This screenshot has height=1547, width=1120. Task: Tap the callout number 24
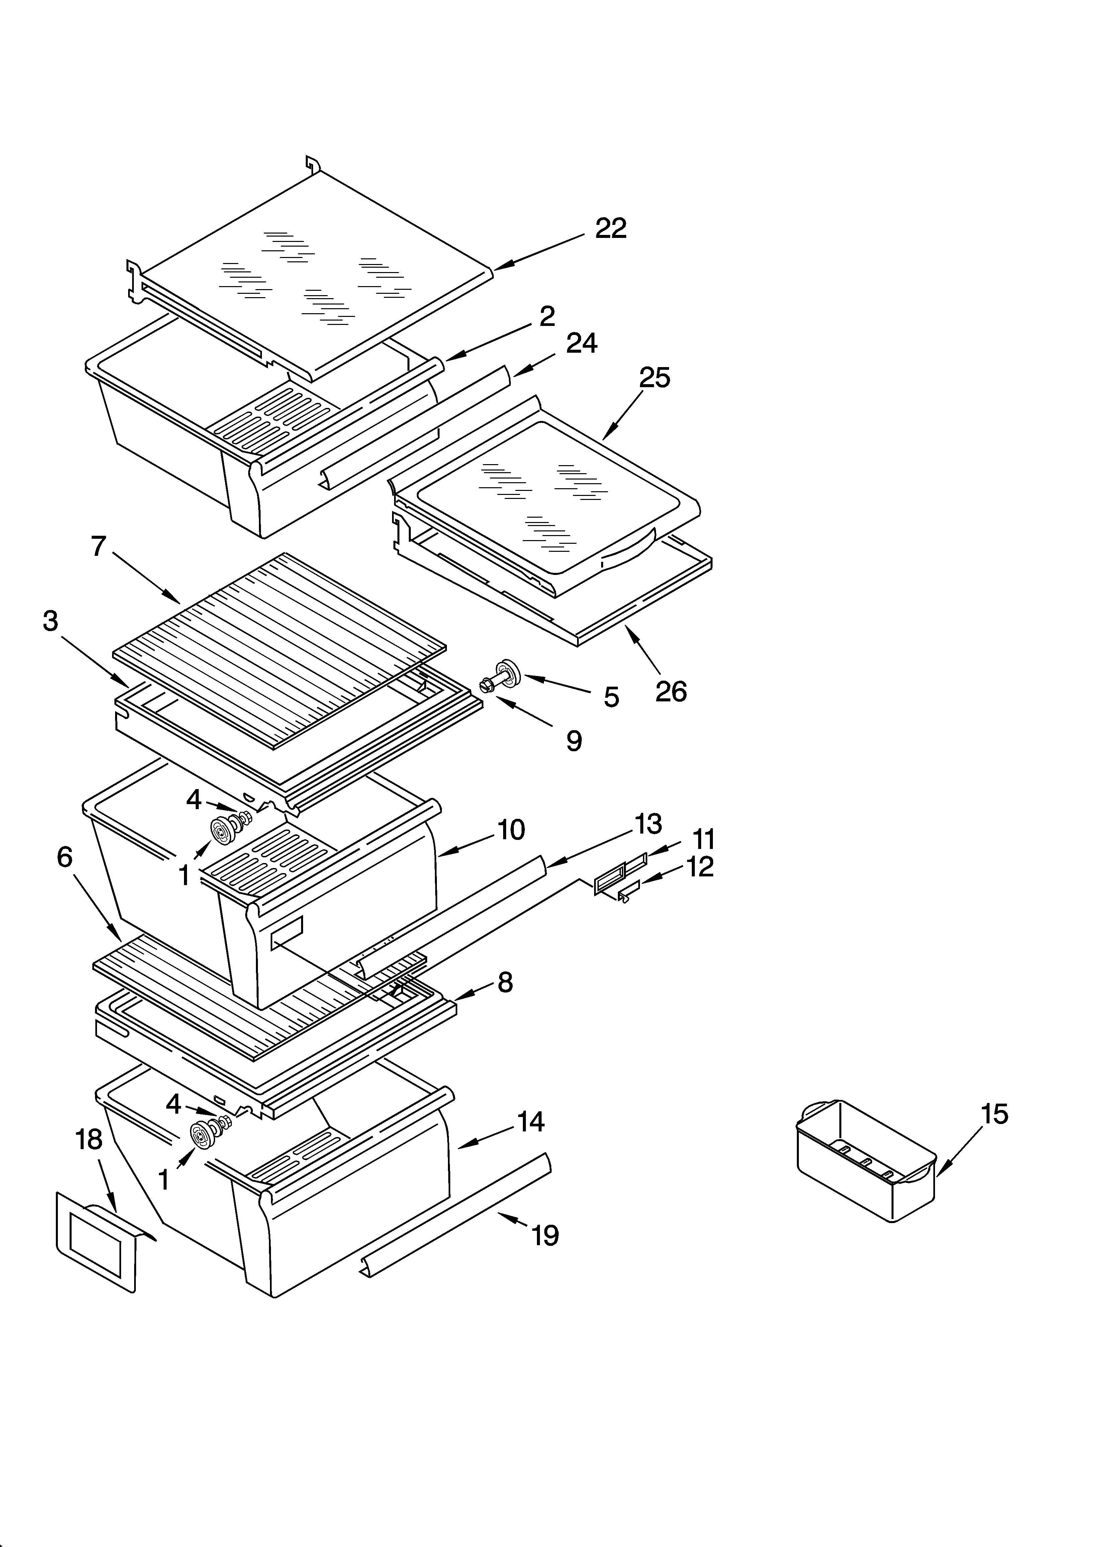click(581, 343)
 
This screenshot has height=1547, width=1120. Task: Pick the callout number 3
click(51, 621)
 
